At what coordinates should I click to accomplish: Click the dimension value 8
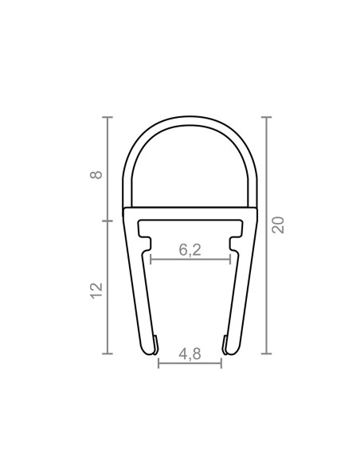97,173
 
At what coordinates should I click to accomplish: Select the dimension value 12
97,290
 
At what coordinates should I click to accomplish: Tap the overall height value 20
278,225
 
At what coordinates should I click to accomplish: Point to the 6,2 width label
190,249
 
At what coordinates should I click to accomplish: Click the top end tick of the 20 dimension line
265,118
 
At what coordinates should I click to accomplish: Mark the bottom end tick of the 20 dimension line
265,353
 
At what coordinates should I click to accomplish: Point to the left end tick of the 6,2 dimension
151,259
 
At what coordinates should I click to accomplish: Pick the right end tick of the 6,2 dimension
230,259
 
